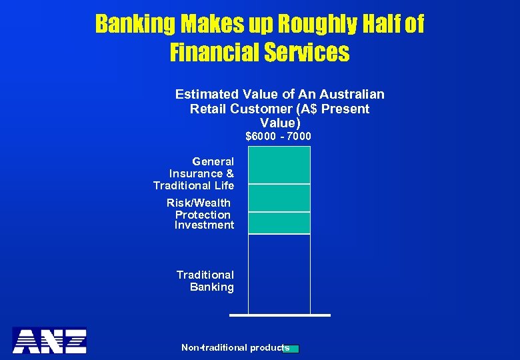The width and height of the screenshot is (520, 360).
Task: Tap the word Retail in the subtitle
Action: click(x=208, y=109)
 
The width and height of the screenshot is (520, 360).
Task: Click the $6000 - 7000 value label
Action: click(x=279, y=137)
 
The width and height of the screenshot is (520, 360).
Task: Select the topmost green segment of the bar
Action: click(x=279, y=165)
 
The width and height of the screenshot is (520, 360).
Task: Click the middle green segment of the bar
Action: click(x=279, y=198)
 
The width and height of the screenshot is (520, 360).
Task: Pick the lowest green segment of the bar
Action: click(x=279, y=223)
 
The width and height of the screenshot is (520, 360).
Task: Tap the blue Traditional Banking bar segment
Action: click(x=279, y=273)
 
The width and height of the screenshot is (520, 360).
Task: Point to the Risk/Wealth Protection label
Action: click(x=200, y=209)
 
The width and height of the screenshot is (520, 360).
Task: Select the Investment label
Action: click(x=204, y=225)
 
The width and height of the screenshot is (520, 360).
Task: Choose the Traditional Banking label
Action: click(x=206, y=281)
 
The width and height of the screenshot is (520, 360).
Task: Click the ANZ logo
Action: click(x=50, y=340)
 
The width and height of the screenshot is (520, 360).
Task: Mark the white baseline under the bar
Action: click(x=279, y=315)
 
